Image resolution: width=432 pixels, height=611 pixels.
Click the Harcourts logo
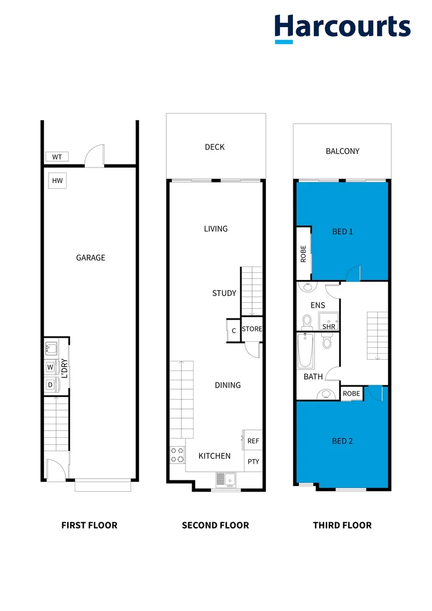tap(342, 28)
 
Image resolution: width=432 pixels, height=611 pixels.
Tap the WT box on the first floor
tap(57, 157)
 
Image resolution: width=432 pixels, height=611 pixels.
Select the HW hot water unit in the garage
tap(57, 181)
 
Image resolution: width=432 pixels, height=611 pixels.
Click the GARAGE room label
tap(90, 258)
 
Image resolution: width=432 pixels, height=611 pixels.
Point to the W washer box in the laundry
tap(50, 367)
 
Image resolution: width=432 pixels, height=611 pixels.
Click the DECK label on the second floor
tap(214, 147)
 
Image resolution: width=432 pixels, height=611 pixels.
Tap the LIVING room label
tap(215, 229)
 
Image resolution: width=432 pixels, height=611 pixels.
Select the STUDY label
tap(224, 293)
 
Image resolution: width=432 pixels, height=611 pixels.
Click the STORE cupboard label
tap(252, 329)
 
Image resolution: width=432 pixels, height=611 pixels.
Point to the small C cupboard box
tap(233, 331)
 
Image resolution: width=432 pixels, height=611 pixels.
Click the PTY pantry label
tap(253, 462)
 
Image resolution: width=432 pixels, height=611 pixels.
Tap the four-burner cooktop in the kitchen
tap(177, 454)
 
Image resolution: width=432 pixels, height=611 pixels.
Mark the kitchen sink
tap(225, 480)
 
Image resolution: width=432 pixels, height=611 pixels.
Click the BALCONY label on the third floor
tap(342, 151)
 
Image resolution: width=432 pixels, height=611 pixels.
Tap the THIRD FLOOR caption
tap(342, 526)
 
